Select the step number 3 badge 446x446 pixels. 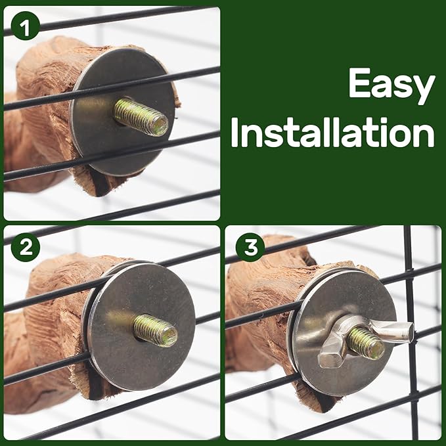pyautogui.click(x=250, y=246)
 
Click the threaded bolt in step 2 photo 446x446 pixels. pyautogui.click(x=156, y=330)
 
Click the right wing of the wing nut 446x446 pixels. pyautogui.click(x=394, y=330)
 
